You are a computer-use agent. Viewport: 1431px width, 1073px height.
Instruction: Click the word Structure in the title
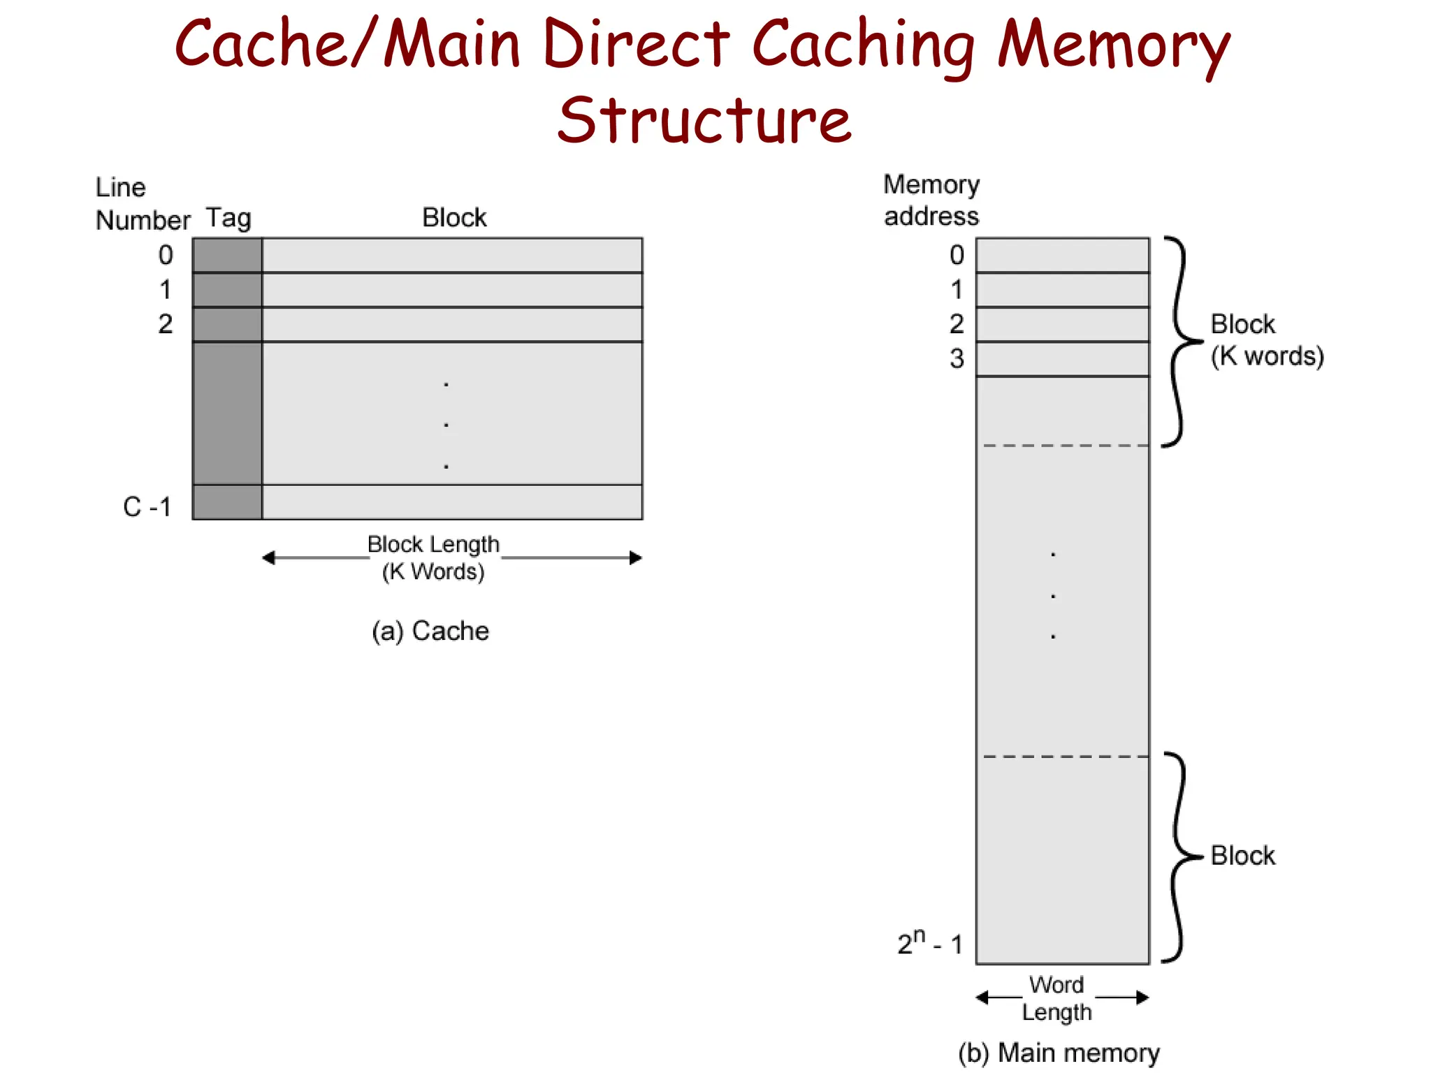point(704,120)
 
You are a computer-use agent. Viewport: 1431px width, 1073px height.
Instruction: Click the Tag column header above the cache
point(228,218)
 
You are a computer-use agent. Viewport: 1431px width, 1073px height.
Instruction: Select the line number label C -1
point(147,506)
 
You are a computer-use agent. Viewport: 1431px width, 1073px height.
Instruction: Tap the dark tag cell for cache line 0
point(227,255)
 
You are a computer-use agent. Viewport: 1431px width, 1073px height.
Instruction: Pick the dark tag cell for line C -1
point(227,502)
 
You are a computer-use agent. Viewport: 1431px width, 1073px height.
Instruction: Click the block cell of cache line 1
point(451,290)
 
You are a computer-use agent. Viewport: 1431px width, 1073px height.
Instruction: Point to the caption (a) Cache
point(430,631)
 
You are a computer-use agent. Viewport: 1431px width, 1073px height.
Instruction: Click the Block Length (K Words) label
point(433,557)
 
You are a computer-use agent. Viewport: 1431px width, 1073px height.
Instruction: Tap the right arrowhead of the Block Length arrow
point(636,557)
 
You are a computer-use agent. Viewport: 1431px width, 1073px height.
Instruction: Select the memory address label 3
point(957,359)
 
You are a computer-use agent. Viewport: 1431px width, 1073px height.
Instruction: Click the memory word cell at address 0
point(1062,255)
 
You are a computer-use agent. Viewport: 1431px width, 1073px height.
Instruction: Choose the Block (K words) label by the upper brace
point(1266,340)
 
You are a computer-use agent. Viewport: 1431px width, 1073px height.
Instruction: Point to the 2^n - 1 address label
point(930,943)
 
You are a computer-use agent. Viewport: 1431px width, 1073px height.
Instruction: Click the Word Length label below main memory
point(1056,998)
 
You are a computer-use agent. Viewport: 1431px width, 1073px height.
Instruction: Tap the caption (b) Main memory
point(1058,1053)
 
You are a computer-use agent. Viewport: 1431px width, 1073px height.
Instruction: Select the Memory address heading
point(931,200)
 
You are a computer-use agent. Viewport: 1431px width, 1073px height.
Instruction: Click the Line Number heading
point(142,204)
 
